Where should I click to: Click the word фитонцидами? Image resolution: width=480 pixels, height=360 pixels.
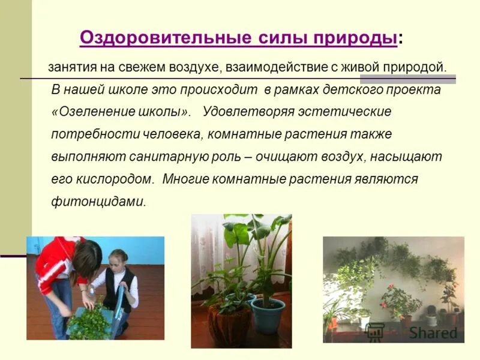pyautogui.click(x=98, y=201)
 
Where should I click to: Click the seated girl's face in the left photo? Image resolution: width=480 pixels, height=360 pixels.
pyautogui.click(x=118, y=262)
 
